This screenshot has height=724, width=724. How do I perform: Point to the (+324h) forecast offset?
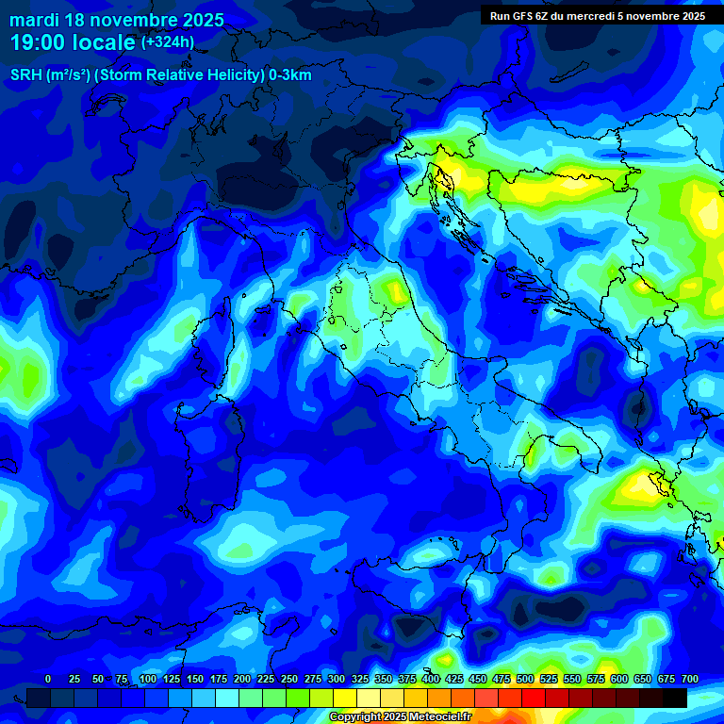(168, 42)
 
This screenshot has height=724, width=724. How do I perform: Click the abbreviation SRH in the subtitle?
(25, 75)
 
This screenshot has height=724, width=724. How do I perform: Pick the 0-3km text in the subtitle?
(290, 75)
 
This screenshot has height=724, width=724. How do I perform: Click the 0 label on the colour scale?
(48, 679)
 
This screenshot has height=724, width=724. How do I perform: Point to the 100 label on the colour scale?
(148, 679)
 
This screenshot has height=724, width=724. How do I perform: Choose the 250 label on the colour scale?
(289, 679)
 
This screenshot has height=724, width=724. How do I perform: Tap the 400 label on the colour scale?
(431, 679)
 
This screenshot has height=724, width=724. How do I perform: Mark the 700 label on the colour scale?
(690, 679)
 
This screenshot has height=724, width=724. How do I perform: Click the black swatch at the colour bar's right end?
(675, 698)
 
